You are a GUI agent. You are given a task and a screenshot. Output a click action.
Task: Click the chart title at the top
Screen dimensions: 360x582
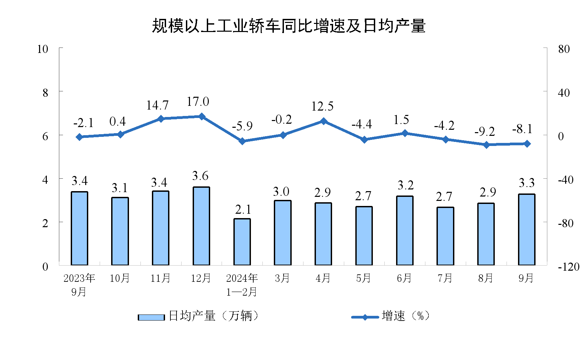click(289, 26)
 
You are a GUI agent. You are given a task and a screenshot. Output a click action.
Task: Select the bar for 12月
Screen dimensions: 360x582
click(201, 226)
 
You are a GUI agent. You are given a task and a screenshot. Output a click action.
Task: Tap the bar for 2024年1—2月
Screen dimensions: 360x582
click(242, 242)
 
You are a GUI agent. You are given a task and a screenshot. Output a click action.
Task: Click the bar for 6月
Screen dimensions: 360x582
click(405, 231)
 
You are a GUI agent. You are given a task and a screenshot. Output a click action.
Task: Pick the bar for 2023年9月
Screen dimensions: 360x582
click(79, 228)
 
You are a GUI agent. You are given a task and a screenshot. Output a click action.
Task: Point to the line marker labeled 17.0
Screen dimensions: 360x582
click(202, 117)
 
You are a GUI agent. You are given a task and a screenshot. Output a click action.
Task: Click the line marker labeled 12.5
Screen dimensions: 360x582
click(323, 121)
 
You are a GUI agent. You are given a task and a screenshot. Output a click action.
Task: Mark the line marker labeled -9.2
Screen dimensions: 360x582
click(486, 145)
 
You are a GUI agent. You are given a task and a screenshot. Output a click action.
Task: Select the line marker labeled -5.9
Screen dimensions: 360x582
click(242, 141)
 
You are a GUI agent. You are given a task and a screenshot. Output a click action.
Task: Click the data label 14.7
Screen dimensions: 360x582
click(157, 106)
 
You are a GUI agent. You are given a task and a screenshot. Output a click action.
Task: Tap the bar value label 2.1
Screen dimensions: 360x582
click(243, 210)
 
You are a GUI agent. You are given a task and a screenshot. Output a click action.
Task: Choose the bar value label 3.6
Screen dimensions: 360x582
click(200, 176)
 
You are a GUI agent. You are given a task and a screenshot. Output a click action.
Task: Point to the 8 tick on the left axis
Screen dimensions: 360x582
click(45, 93)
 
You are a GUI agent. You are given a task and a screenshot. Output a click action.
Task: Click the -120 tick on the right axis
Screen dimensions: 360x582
click(569, 267)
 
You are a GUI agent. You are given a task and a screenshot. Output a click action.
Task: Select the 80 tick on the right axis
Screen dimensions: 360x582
click(564, 49)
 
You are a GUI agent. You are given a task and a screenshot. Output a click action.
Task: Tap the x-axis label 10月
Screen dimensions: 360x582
click(120, 278)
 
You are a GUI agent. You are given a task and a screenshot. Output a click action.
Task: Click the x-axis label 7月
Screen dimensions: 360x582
click(445, 278)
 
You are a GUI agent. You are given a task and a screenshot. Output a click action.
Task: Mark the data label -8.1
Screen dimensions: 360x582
click(522, 129)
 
